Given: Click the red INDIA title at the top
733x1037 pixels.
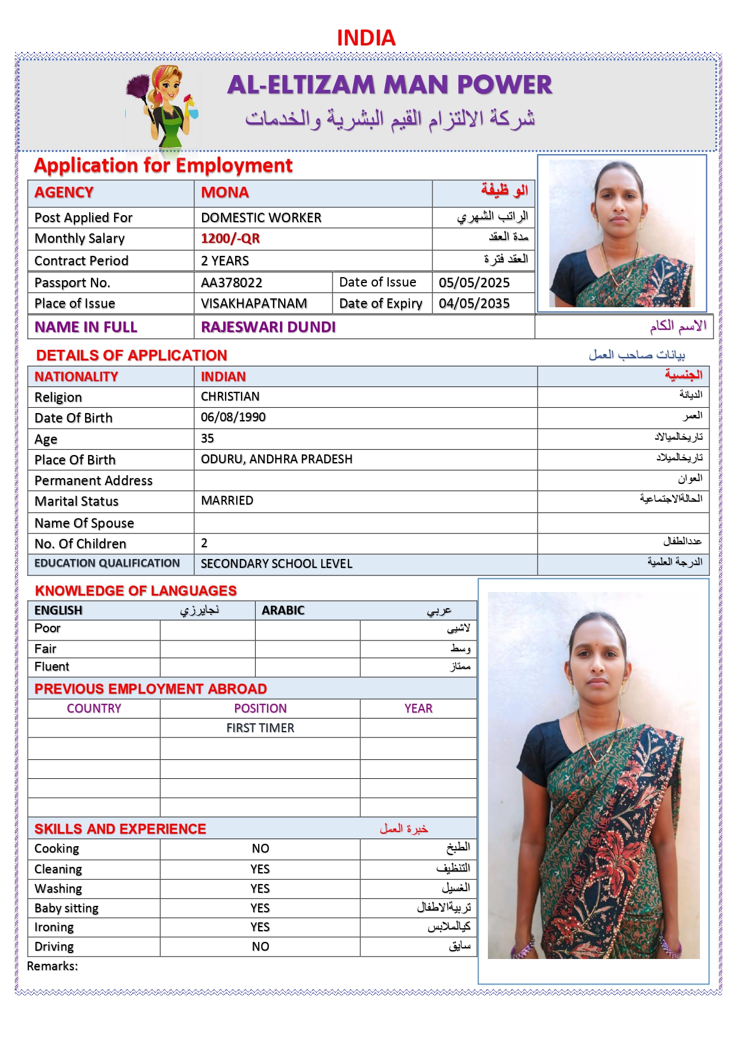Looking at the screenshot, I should click(366, 38).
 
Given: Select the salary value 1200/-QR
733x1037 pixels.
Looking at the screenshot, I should click(230, 239).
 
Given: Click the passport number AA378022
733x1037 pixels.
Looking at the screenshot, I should click(232, 282).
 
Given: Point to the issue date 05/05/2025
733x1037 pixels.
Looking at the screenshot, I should click(474, 282).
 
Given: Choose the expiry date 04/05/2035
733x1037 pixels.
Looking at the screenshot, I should click(474, 304).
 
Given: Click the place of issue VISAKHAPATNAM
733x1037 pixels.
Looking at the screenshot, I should click(254, 304).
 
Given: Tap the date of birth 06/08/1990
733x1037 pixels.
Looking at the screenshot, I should click(233, 417).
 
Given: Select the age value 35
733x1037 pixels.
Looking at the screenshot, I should click(207, 438).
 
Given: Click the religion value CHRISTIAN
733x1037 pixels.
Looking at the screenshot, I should click(230, 396).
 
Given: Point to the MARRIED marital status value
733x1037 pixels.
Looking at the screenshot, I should click(227, 500).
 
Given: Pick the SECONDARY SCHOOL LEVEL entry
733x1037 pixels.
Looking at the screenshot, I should click(276, 564).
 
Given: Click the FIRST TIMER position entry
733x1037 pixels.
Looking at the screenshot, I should click(260, 728).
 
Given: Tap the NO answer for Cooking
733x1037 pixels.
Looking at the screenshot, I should click(260, 849).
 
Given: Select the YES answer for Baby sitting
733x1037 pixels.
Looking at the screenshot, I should click(260, 908).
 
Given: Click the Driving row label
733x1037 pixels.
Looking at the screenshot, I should click(54, 947).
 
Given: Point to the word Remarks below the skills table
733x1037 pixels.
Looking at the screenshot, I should click(52, 966).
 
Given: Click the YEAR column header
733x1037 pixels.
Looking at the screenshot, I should click(418, 708).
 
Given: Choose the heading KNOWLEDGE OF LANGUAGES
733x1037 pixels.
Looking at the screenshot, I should click(136, 591).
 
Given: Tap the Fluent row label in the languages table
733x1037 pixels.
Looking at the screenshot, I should click(52, 667).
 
